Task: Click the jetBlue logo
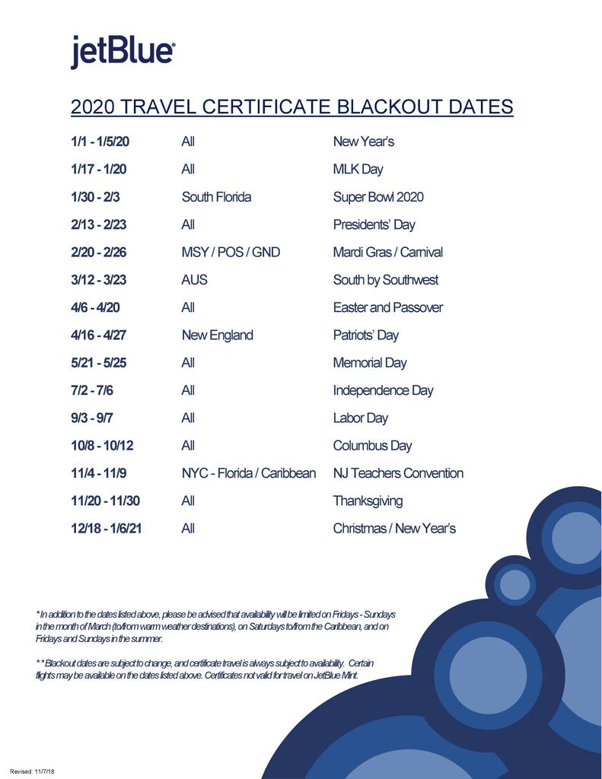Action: coord(123,52)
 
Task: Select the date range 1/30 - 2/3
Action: coord(95,197)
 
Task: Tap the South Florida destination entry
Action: coord(216,197)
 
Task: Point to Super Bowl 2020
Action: coord(378,197)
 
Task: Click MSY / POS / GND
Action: coord(231,252)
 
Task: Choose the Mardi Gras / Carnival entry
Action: coord(387,252)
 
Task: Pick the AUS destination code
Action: coord(194,280)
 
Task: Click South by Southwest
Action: coord(385,280)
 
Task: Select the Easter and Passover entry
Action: coord(387,307)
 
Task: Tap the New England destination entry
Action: coord(217,335)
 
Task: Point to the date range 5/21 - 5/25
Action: coord(99,363)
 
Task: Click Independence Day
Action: coord(383,390)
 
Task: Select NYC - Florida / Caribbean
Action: coord(248,473)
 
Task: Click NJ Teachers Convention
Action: coord(398,473)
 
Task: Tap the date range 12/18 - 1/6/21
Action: coord(107,528)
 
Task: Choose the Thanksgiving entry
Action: coord(368,501)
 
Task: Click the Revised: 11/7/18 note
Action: coord(32,771)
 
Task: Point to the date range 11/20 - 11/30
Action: coord(105,501)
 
